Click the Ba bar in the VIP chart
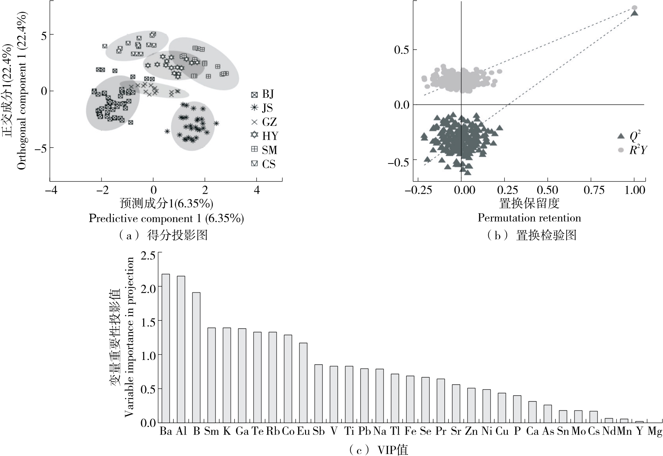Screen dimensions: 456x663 pos(166,348)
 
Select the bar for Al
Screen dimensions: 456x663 pos(181,349)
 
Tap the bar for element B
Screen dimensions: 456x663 pos(196,358)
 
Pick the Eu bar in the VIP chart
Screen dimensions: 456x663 pos(303,383)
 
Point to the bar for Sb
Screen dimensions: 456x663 pos(319,394)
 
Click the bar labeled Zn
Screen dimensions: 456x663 pos(471,405)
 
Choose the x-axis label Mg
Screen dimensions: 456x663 pos(654,432)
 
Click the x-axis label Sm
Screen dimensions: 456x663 pos(212,432)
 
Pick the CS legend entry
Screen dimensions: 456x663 pos(263,164)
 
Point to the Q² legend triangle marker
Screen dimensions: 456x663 pos(621,136)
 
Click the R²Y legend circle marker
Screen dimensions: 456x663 pos(621,150)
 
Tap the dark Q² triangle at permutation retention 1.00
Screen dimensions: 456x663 pos(634,13)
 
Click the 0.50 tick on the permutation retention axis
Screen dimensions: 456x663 pos(547,190)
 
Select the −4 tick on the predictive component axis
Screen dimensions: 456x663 pos(51,190)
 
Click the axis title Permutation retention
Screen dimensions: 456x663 pos(529,218)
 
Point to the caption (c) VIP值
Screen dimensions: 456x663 pos(378,449)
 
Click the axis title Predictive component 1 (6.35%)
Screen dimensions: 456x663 pos(166,218)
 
